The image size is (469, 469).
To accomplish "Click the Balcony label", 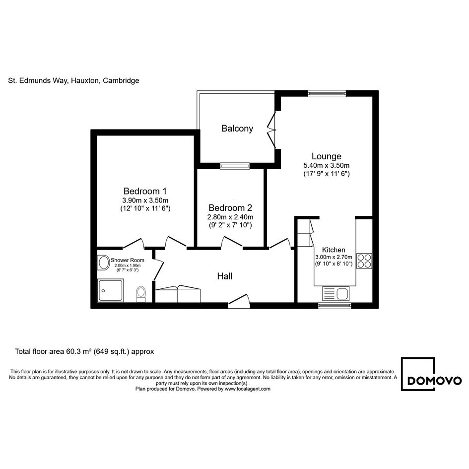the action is (x=237, y=129).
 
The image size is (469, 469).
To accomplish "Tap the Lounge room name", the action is (x=327, y=156).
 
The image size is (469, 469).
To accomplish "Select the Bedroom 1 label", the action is (x=145, y=191).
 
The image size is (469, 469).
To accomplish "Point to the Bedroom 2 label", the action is (x=230, y=207).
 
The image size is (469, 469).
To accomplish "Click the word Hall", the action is (x=225, y=276).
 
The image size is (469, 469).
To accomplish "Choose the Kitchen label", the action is (x=334, y=250).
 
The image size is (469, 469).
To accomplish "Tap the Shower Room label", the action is (x=128, y=260).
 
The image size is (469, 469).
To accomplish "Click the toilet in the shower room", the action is (x=141, y=294).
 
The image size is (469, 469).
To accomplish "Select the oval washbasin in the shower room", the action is (x=104, y=263).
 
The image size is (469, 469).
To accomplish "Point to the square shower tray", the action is (x=110, y=290).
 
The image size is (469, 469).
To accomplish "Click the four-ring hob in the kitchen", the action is (x=364, y=261).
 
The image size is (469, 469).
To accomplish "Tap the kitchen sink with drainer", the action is (x=335, y=293).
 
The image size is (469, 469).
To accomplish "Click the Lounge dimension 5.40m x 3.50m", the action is (x=327, y=165).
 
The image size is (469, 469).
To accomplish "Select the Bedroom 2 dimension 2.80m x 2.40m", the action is (x=230, y=217).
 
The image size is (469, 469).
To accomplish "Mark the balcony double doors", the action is (x=271, y=130).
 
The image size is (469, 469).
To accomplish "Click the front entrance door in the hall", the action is (x=239, y=301).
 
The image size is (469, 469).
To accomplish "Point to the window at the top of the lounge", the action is (x=327, y=94).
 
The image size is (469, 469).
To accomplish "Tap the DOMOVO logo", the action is (x=431, y=374).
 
